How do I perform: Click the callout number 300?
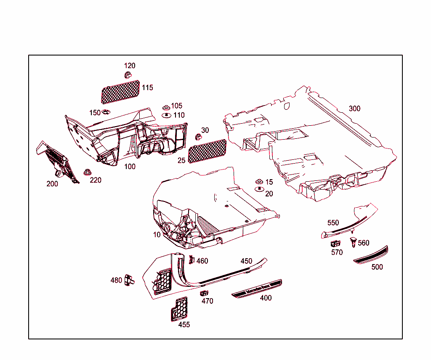(354, 109)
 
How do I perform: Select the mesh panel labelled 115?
(120, 92)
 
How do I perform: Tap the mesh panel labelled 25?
(207, 151)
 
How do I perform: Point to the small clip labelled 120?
(128, 75)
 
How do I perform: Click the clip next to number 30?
(199, 137)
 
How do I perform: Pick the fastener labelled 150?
(106, 112)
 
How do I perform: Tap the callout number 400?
(266, 298)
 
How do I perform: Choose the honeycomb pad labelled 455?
(179, 309)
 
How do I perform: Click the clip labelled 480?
(129, 280)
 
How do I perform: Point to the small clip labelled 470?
(204, 293)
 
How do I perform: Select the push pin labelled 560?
(353, 242)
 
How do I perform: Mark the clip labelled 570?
(335, 244)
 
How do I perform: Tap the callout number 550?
(333, 223)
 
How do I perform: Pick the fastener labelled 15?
(259, 182)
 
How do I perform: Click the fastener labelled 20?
(259, 189)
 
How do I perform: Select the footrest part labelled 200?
(57, 162)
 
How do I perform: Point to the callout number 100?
(130, 167)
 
